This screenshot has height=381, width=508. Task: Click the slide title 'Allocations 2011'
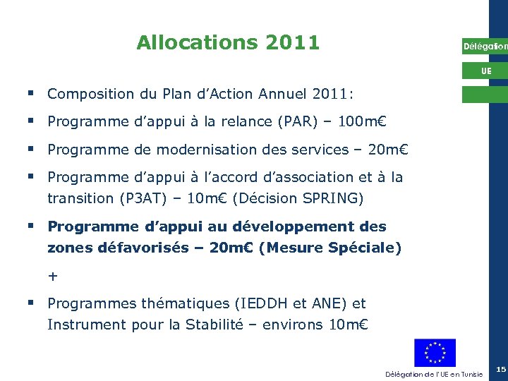point(228,43)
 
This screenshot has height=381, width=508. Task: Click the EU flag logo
point(435,353)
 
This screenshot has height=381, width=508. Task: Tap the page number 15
point(500,370)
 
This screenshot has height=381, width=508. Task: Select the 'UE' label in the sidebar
point(486,71)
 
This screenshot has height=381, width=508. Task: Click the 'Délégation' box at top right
point(485,47)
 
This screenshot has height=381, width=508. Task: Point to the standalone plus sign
point(53,277)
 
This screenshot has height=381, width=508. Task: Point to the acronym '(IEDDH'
point(264,304)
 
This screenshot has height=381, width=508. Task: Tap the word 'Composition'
point(91,94)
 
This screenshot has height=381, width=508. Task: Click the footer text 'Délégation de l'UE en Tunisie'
point(434,374)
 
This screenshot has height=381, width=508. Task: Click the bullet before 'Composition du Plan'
point(32,93)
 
